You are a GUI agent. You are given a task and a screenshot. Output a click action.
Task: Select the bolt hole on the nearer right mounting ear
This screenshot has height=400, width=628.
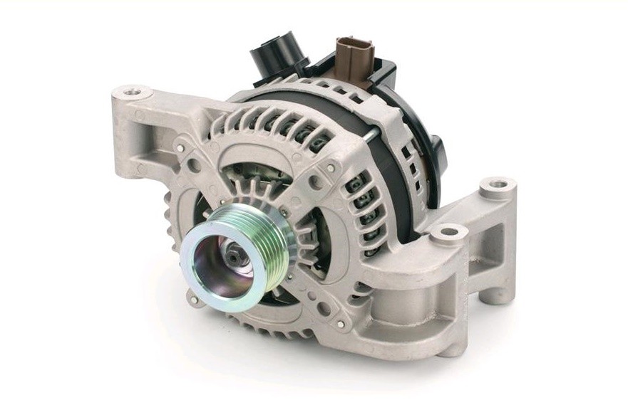point(448,232)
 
